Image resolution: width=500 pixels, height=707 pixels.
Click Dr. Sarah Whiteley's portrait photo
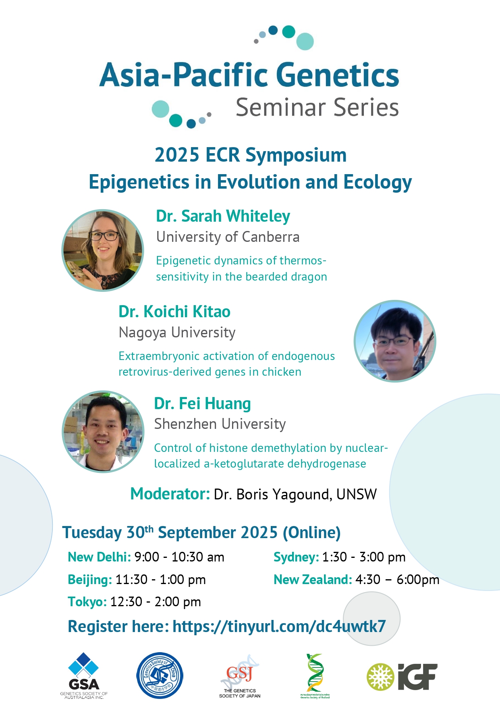pyautogui.click(x=103, y=250)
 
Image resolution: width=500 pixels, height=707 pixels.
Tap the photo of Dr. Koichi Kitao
pyautogui.click(x=395, y=341)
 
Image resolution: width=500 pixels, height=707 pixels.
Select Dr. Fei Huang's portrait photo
pyautogui.click(x=103, y=431)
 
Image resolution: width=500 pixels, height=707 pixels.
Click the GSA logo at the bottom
pyautogui.click(x=84, y=676)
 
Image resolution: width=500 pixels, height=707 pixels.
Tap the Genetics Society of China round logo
pyautogui.click(x=160, y=676)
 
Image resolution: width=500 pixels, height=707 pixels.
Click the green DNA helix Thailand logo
pyautogui.click(x=315, y=676)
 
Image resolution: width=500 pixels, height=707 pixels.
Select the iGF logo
pyautogui.click(x=402, y=677)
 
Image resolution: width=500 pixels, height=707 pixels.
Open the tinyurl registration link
pyautogui.click(x=279, y=626)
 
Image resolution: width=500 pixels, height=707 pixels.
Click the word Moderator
pyautogui.click(x=170, y=494)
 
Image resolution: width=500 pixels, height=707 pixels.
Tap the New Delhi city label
pyautogui.click(x=99, y=557)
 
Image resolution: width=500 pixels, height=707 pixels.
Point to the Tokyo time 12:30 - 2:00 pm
pyautogui.click(x=156, y=602)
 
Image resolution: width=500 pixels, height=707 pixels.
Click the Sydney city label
pyautogui.click(x=296, y=557)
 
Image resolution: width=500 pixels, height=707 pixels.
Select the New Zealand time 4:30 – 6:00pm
pyautogui.click(x=397, y=580)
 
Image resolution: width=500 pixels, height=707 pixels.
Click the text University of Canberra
pyautogui.click(x=228, y=237)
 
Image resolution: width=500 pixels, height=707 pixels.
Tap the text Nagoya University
pyautogui.click(x=177, y=333)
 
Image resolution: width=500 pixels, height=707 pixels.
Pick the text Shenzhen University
pyautogui.click(x=220, y=424)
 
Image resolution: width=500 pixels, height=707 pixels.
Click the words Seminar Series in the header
pyautogui.click(x=317, y=108)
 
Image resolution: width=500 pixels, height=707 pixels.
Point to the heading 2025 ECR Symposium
pyautogui.click(x=250, y=155)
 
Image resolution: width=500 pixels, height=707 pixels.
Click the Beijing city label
pyautogui.click(x=90, y=580)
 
